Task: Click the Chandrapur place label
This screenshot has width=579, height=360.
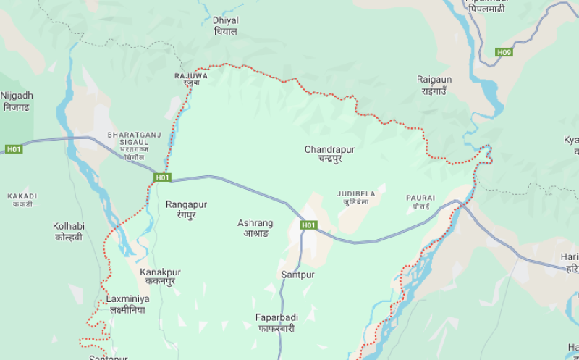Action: click(x=329, y=154)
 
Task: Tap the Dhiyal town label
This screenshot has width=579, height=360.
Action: click(x=226, y=25)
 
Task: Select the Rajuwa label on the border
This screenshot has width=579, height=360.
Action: click(x=191, y=78)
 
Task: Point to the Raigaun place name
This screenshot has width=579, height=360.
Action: click(x=434, y=84)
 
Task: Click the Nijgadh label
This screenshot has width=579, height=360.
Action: click(x=17, y=101)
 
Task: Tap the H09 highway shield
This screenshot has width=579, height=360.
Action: click(x=504, y=52)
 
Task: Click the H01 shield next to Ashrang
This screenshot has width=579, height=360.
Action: click(x=309, y=225)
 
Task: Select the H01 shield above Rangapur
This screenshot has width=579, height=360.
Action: click(x=162, y=177)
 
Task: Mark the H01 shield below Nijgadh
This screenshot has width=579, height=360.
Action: click(x=14, y=149)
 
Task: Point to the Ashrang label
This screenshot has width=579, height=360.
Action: click(x=255, y=227)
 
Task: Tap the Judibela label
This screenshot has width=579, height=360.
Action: click(x=356, y=197)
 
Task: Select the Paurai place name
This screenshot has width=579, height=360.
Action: click(x=420, y=201)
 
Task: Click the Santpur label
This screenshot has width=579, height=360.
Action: click(x=297, y=275)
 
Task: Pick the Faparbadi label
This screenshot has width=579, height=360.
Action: click(x=275, y=322)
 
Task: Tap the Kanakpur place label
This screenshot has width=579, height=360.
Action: click(x=160, y=276)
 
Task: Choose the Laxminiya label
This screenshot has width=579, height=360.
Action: click(x=127, y=304)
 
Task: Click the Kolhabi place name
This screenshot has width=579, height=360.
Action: click(x=69, y=231)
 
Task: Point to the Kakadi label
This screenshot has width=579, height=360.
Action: click(x=22, y=199)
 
